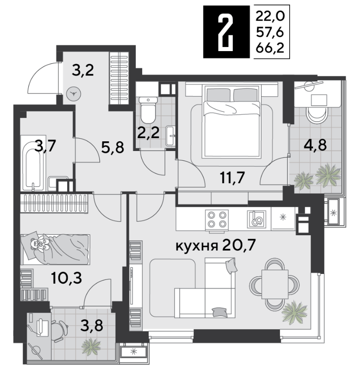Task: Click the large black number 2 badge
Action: click(226, 32)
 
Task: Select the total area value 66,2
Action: click(270, 48)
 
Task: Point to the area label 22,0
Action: click(270, 17)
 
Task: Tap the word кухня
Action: click(197, 246)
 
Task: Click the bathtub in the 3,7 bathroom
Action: click(33, 163)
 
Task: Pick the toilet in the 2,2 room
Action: click(148, 110)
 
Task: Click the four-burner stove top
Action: click(217, 219)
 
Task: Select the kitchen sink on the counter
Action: click(256, 219)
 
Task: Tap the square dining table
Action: click(275, 284)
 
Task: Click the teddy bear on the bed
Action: click(40, 244)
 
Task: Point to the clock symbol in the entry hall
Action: click(74, 93)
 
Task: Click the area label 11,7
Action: click(232, 178)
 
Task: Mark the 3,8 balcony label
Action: click(92, 325)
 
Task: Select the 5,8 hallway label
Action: click(112, 147)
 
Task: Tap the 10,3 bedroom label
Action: click(67, 278)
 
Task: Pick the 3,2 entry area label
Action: click(83, 70)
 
